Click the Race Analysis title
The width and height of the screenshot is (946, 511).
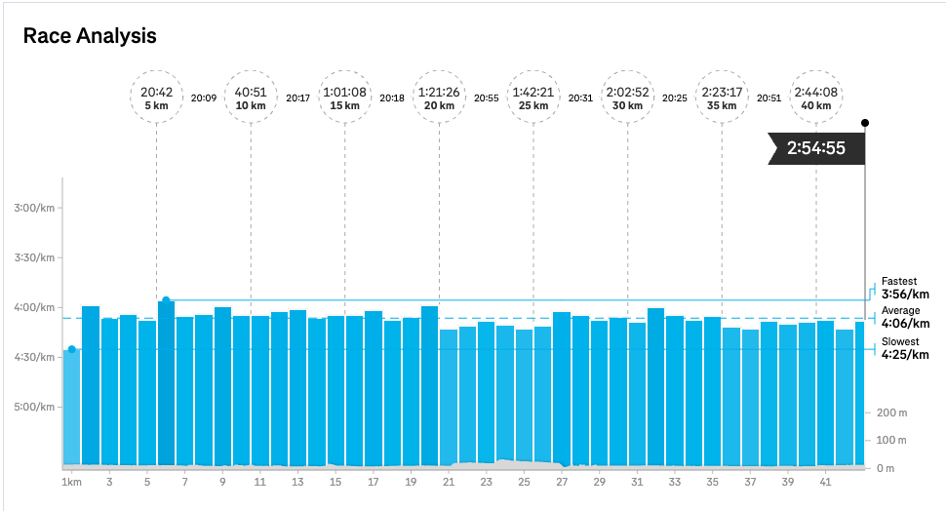pos(90,37)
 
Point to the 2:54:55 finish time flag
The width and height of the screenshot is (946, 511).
pos(815,149)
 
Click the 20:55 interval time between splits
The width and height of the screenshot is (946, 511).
pos(487,98)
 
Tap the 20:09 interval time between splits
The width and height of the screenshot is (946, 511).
pos(204,98)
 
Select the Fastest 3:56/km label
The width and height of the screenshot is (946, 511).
pos(904,288)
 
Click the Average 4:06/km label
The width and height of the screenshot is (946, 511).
pos(904,318)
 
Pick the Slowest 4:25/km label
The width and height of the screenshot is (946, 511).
pos(904,348)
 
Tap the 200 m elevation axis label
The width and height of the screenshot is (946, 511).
pos(893,413)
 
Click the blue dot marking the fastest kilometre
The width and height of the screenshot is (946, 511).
pos(166,300)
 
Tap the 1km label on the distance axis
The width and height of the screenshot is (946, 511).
pos(71,482)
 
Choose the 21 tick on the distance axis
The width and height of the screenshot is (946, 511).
pos(449,482)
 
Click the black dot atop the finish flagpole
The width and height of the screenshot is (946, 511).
pos(865,123)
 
